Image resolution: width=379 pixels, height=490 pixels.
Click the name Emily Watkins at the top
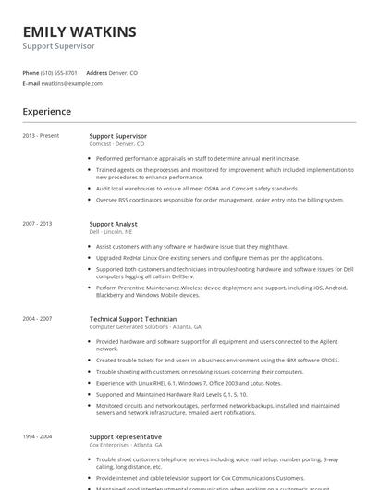click(79, 32)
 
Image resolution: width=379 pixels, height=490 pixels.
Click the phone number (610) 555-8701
click(59, 72)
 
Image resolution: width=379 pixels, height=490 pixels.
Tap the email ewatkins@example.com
click(73, 83)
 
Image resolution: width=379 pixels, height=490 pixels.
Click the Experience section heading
click(47, 112)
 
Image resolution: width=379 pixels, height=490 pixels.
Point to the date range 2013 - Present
click(41, 136)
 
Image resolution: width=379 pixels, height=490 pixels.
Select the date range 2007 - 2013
click(38, 224)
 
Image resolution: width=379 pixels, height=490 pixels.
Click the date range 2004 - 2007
click(38, 318)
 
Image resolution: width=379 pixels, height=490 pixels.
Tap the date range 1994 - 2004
click(38, 436)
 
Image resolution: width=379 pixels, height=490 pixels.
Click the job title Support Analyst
click(113, 224)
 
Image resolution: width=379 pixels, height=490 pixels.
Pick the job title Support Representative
click(125, 436)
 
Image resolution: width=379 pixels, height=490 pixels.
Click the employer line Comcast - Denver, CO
click(116, 144)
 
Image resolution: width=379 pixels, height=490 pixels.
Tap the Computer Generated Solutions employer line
click(144, 326)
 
